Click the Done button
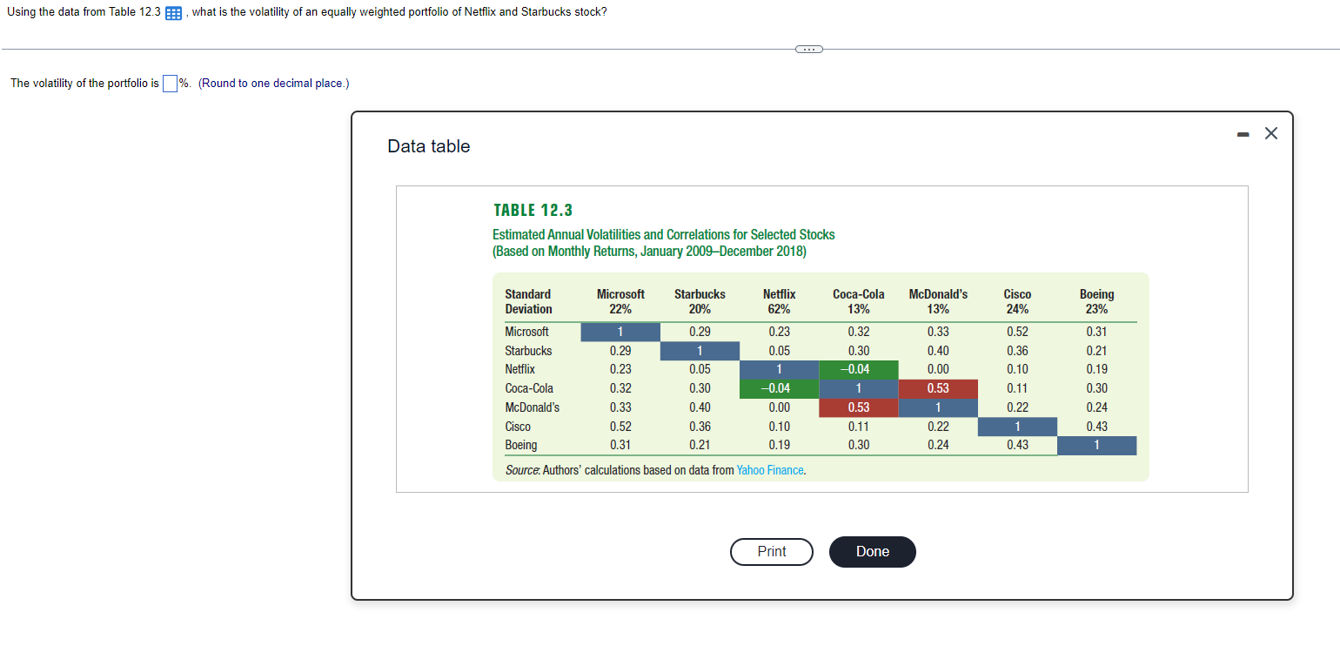(872, 552)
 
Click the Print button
(771, 552)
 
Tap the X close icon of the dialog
(1271, 133)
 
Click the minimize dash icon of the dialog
(1243, 134)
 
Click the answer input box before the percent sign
(171, 84)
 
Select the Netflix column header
(779, 301)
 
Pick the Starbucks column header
(700, 301)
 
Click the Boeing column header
(1096, 301)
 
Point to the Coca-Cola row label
(529, 388)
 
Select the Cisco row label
(518, 427)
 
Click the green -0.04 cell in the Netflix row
(858, 369)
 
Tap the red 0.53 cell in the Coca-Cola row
(937, 388)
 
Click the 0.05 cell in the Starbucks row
(779, 351)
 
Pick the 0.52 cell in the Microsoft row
(1016, 332)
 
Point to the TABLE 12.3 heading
(533, 210)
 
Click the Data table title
(428, 146)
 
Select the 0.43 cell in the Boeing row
(1016, 445)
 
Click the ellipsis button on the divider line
(808, 49)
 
